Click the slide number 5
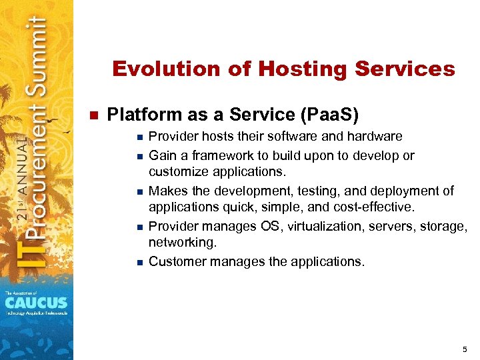point(464,349)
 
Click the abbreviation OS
point(271,227)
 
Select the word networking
point(182,243)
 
